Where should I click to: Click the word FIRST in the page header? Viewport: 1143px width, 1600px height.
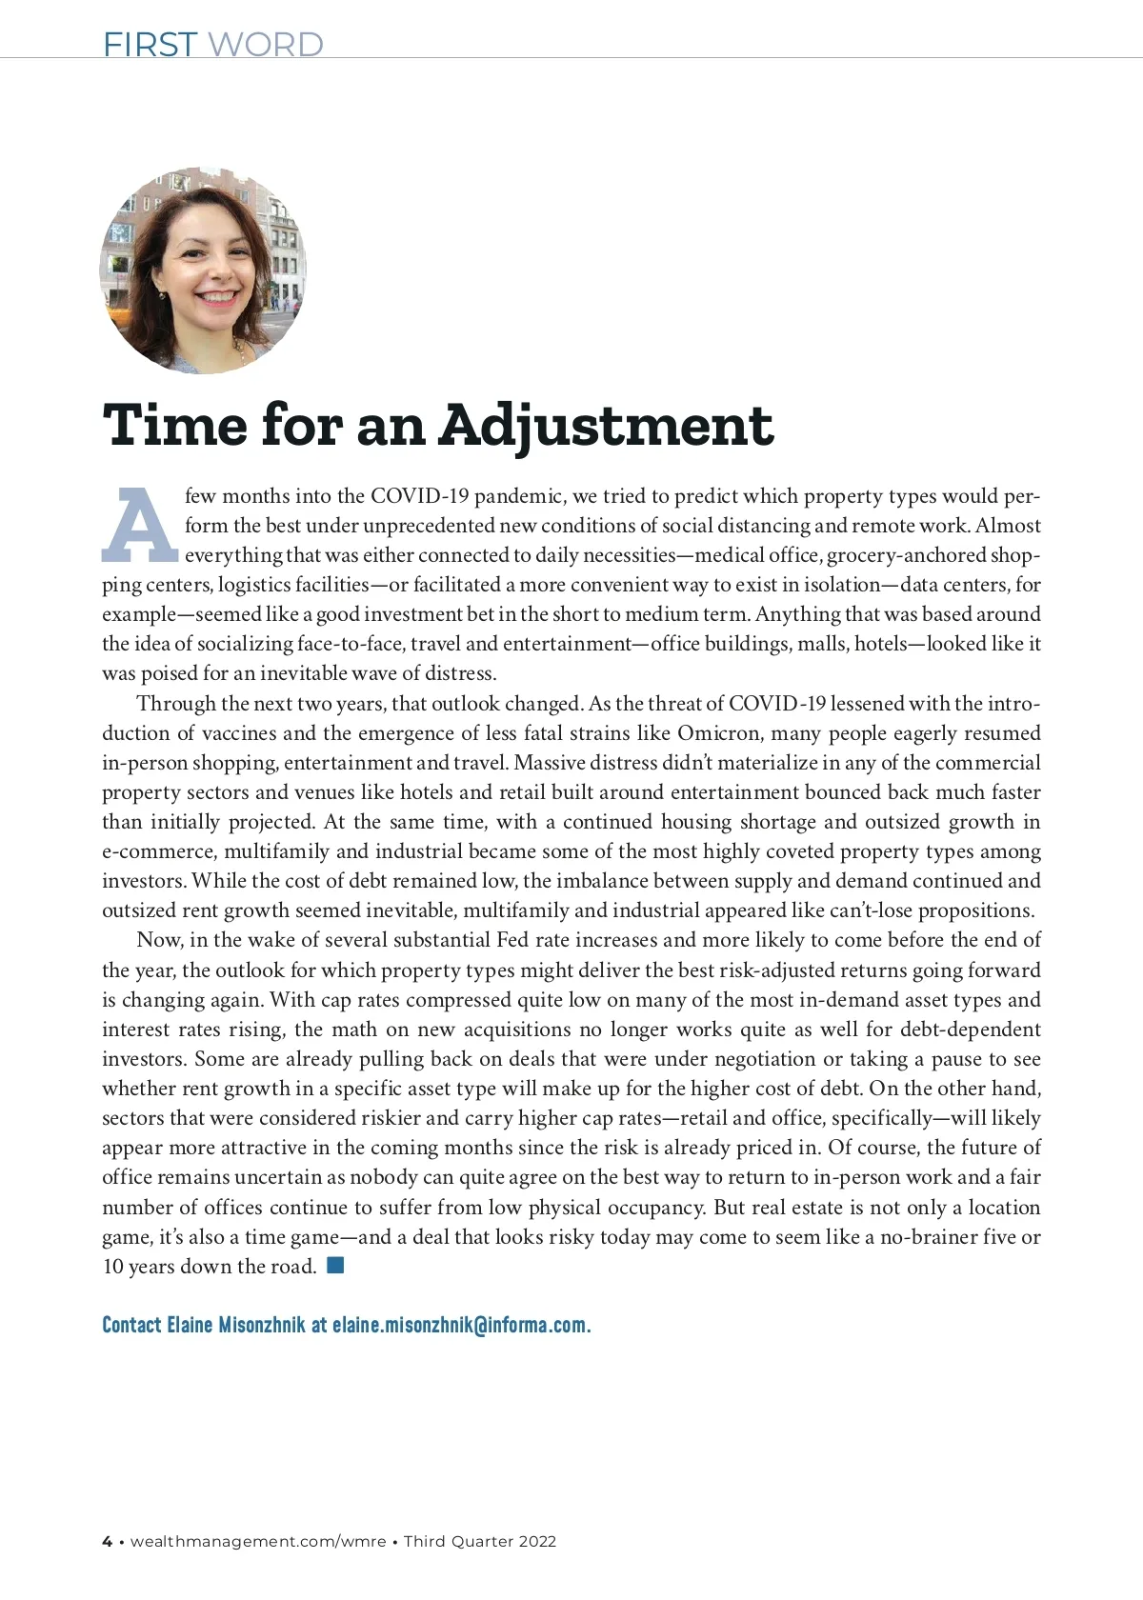150,44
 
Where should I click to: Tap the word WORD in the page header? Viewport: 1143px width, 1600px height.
265,44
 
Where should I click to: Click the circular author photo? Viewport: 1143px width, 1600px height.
203,270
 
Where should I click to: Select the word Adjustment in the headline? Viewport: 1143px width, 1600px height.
607,426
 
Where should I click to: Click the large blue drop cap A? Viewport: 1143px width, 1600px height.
139,526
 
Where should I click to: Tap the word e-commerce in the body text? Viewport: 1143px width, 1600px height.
159,851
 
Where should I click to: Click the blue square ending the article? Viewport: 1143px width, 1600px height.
334,1266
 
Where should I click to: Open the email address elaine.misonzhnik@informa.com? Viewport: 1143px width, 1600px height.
461,1326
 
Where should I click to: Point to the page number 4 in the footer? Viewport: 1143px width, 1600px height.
107,1541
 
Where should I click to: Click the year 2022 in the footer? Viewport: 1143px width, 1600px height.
537,1541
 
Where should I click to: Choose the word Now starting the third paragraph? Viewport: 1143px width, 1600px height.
158,940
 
